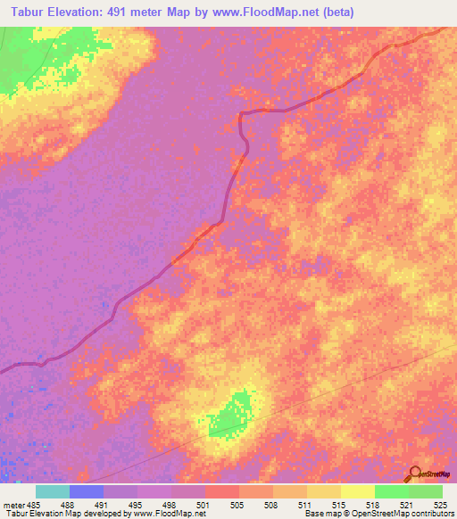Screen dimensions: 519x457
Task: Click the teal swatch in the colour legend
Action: click(53, 491)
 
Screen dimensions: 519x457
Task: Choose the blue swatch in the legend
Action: click(87, 491)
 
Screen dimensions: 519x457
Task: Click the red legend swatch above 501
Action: click(222, 491)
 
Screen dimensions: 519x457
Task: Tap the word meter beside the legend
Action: click(13, 505)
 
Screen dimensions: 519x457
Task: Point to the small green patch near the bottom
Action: click(232, 416)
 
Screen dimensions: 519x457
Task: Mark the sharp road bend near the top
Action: click(243, 114)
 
